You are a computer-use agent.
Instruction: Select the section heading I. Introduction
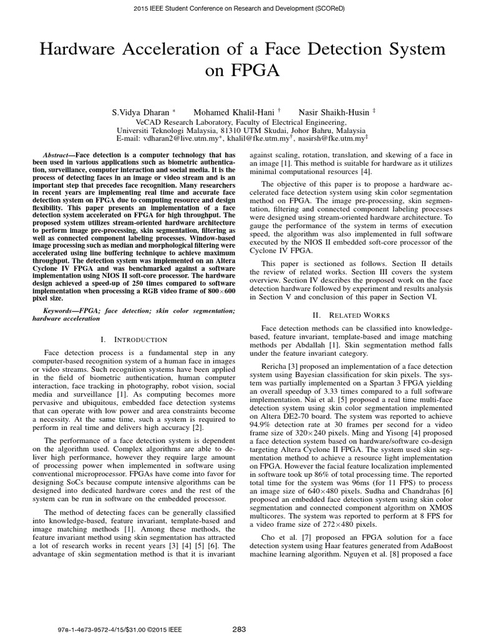pyautogui.click(x=133, y=339)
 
